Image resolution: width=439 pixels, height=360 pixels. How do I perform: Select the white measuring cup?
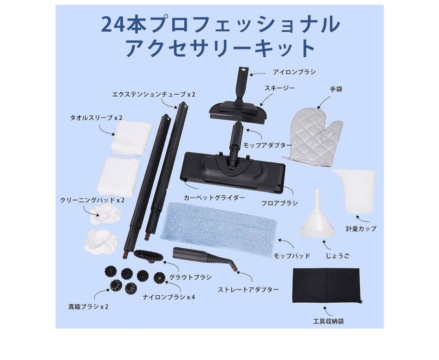pyautogui.click(x=354, y=191)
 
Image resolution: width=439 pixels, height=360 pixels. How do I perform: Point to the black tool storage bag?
pyautogui.click(x=327, y=286)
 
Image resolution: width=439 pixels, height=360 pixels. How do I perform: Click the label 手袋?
pyautogui.click(x=336, y=89)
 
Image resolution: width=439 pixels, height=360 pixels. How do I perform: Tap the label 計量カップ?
pyautogui.click(x=361, y=228)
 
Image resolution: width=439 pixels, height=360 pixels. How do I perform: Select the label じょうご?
pyautogui.click(x=337, y=256)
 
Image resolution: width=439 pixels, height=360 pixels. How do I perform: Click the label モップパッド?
pyautogui.click(x=292, y=256)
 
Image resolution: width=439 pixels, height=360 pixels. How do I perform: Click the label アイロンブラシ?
pyautogui.click(x=294, y=72)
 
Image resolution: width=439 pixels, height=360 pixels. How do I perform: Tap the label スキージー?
pyautogui.click(x=279, y=88)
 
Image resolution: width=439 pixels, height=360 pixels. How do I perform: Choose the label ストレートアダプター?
pyautogui.click(x=248, y=290)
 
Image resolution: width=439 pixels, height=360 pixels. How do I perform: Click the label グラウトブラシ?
pyautogui.click(x=190, y=277)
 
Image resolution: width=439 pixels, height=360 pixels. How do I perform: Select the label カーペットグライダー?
pyautogui.click(x=220, y=198)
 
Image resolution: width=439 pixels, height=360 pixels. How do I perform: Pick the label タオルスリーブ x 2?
pyautogui.click(x=96, y=118)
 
